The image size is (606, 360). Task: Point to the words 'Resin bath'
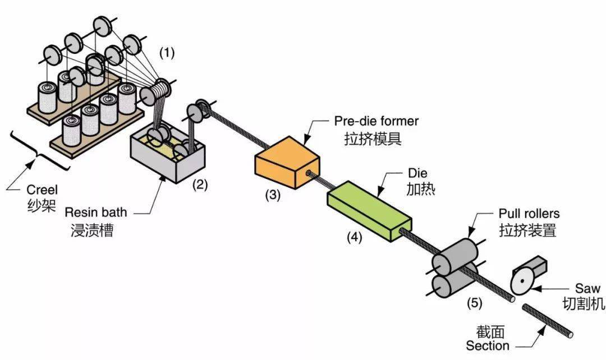point(96,213)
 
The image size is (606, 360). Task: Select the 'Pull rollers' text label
point(529,214)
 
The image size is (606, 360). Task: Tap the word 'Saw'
point(587,289)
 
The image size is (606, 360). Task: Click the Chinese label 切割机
point(583,304)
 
